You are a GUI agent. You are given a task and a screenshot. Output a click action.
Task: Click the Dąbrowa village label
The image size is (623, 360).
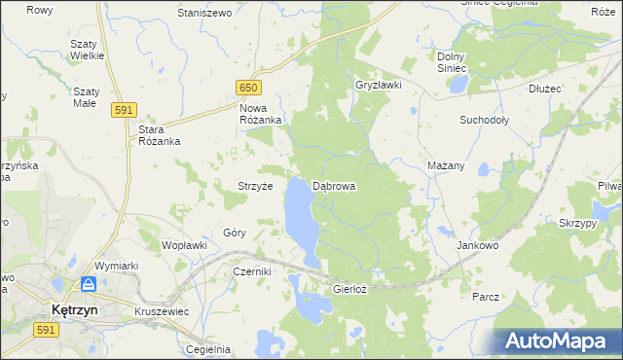point(333,185)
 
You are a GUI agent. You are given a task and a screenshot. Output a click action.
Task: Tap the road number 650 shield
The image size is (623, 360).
point(248,89)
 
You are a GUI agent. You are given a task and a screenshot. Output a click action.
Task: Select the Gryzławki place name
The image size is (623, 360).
point(379,85)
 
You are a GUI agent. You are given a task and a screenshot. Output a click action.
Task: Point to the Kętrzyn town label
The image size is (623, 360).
point(71,310)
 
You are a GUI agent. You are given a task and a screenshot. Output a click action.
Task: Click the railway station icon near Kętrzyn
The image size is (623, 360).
point(89,284)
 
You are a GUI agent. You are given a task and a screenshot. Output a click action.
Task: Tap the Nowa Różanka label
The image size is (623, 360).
point(261,114)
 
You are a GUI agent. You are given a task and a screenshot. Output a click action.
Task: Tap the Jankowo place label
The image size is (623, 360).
point(477,246)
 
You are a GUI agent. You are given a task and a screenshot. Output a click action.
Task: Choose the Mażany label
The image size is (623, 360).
point(446,165)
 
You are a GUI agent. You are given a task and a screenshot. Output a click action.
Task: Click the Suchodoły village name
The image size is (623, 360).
point(485,121)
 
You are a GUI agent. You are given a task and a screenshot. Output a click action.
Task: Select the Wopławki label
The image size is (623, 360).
point(184,245)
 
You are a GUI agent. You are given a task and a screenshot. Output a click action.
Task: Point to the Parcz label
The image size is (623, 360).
point(485,297)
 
